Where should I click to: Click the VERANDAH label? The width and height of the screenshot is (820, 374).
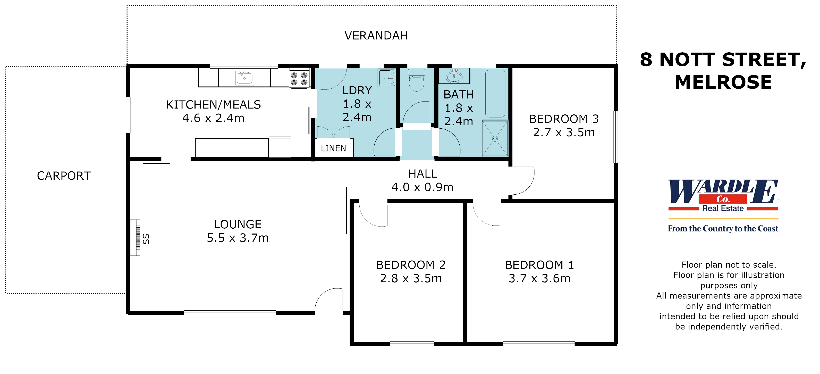point(376,35)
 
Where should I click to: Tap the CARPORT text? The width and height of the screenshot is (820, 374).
point(64,176)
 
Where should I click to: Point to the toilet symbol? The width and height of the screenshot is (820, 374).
point(416,81)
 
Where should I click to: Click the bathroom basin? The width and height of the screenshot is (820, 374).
point(454,77)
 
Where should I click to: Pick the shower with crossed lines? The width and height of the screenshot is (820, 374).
point(495,139)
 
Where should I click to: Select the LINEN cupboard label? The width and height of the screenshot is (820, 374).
point(333,148)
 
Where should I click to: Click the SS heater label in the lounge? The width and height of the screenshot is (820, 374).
point(146,239)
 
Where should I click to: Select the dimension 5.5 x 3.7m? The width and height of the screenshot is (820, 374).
point(238,238)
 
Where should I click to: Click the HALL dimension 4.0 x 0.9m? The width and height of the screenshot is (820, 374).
point(422,187)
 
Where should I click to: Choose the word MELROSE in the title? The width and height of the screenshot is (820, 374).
point(723,82)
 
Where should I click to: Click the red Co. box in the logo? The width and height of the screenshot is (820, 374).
point(723,199)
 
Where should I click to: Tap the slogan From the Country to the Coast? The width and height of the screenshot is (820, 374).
point(723,228)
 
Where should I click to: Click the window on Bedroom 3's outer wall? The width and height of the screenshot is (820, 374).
point(616,137)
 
